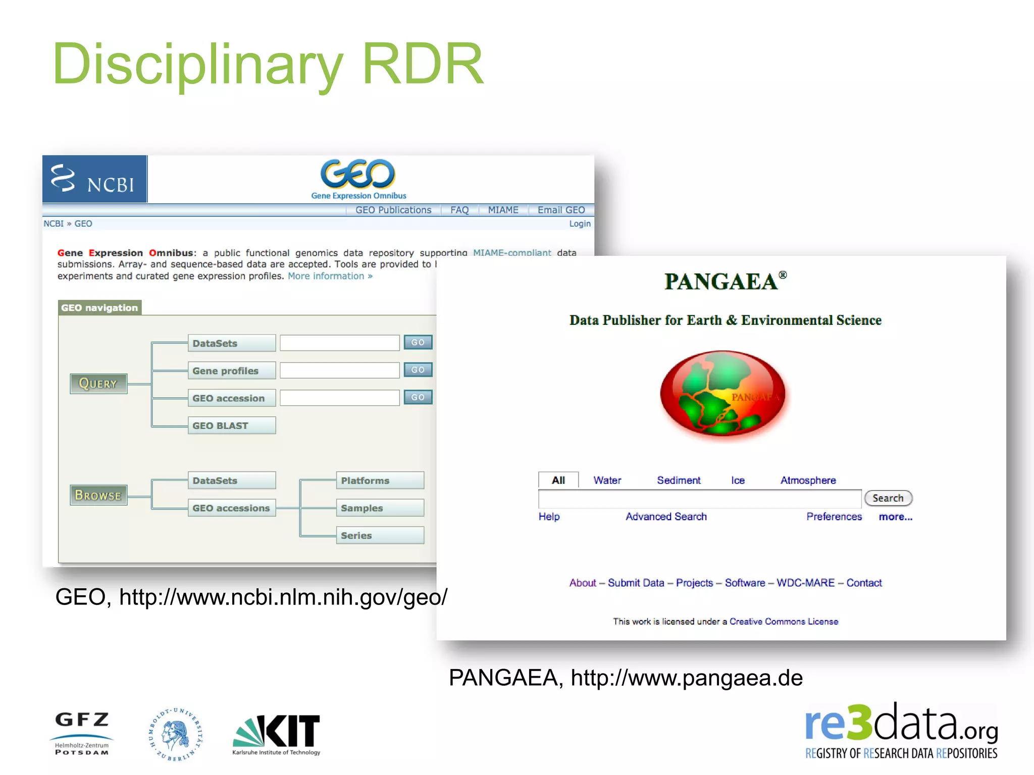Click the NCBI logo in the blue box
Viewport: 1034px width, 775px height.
[x=94, y=180]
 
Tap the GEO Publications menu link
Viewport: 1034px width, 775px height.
[x=393, y=210]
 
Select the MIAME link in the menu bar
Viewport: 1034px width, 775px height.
[x=503, y=210]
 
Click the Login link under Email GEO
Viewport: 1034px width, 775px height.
[x=579, y=224]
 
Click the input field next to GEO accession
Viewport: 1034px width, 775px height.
[x=340, y=398]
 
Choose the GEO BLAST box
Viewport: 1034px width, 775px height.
[x=232, y=425]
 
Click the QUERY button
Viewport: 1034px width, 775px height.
[x=98, y=383]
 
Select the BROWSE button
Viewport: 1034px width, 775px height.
[x=98, y=495]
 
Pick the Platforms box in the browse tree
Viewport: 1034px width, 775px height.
[x=380, y=480]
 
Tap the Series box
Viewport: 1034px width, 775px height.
[x=380, y=535]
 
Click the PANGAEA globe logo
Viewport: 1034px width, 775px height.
[x=722, y=395]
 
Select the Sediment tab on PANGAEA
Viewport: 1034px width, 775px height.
[x=678, y=480]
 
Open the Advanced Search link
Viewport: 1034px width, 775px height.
[x=666, y=517]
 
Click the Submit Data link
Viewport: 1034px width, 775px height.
[x=636, y=583]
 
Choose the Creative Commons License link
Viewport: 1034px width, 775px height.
[x=784, y=622]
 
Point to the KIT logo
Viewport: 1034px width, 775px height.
[x=277, y=734]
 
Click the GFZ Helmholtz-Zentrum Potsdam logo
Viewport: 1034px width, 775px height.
[x=82, y=733]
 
